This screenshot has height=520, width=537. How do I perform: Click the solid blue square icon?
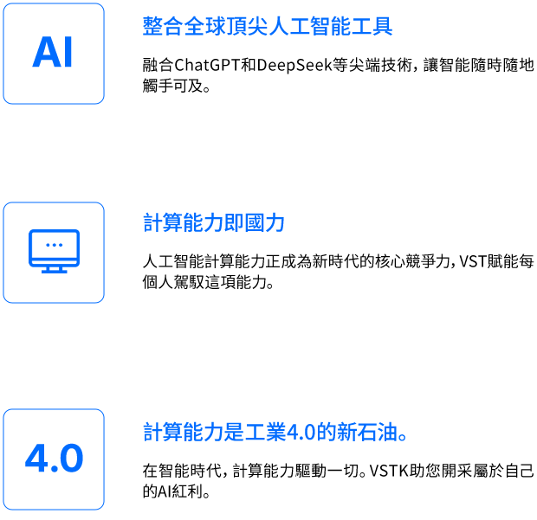click(x=54, y=54)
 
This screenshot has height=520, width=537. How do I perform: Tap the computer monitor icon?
click(x=54, y=252)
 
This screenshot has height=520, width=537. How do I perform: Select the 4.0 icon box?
click(x=54, y=459)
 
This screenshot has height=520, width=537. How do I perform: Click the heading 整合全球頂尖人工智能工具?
click(x=267, y=27)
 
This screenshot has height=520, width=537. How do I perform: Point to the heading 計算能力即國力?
click(x=214, y=223)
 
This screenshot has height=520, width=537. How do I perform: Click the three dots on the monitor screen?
click(x=54, y=245)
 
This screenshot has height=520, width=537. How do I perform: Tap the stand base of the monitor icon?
click(x=54, y=271)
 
